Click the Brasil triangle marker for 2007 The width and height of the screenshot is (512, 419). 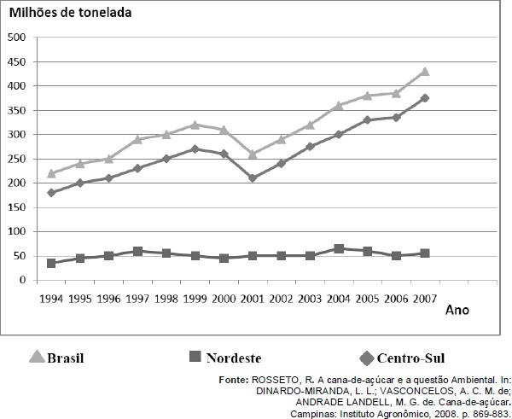pyautogui.click(x=424, y=72)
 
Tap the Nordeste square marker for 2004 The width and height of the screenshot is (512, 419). pyautogui.click(x=340, y=248)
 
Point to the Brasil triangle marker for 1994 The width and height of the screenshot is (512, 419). pyautogui.click(x=51, y=173)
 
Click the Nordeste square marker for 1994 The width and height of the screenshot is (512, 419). pyautogui.click(x=51, y=263)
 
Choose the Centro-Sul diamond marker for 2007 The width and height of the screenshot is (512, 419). pyautogui.click(x=424, y=98)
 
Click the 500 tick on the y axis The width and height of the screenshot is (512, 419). pyautogui.click(x=16, y=38)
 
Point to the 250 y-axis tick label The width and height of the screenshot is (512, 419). pyautogui.click(x=16, y=159)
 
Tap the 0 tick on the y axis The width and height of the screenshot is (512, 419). pyautogui.click(x=21, y=280)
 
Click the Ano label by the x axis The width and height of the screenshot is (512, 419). pyautogui.click(x=457, y=310)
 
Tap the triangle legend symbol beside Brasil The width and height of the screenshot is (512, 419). pyautogui.click(x=37, y=358)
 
